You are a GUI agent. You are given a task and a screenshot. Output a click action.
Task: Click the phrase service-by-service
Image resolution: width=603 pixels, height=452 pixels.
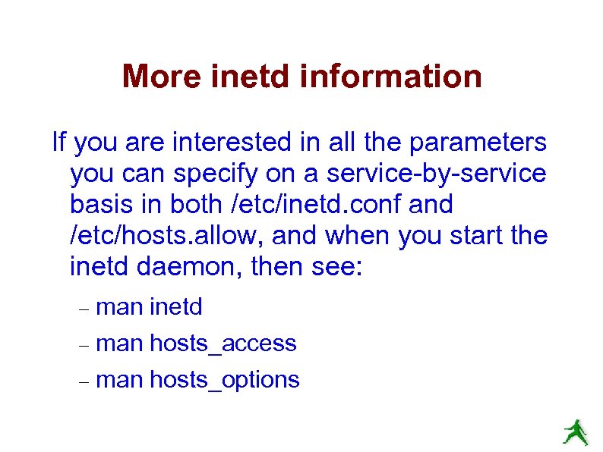coord(436,174)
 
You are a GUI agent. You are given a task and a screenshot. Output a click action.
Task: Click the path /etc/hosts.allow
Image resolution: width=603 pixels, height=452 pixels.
coord(166,236)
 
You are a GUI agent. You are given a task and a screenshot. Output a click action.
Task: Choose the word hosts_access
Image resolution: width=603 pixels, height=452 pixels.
coord(223,344)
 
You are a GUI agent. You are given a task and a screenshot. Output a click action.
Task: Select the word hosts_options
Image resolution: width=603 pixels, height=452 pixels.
coord(225,380)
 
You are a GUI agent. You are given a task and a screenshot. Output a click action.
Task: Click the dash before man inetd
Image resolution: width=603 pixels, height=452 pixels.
coord(84,309)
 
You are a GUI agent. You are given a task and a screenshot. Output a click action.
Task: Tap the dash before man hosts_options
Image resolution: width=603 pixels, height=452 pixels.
coord(84,381)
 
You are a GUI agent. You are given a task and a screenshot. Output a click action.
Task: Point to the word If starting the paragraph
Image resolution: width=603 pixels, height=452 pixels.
coord(58,142)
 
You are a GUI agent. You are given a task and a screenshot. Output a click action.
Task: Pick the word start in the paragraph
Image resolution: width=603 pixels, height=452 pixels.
coord(471,236)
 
